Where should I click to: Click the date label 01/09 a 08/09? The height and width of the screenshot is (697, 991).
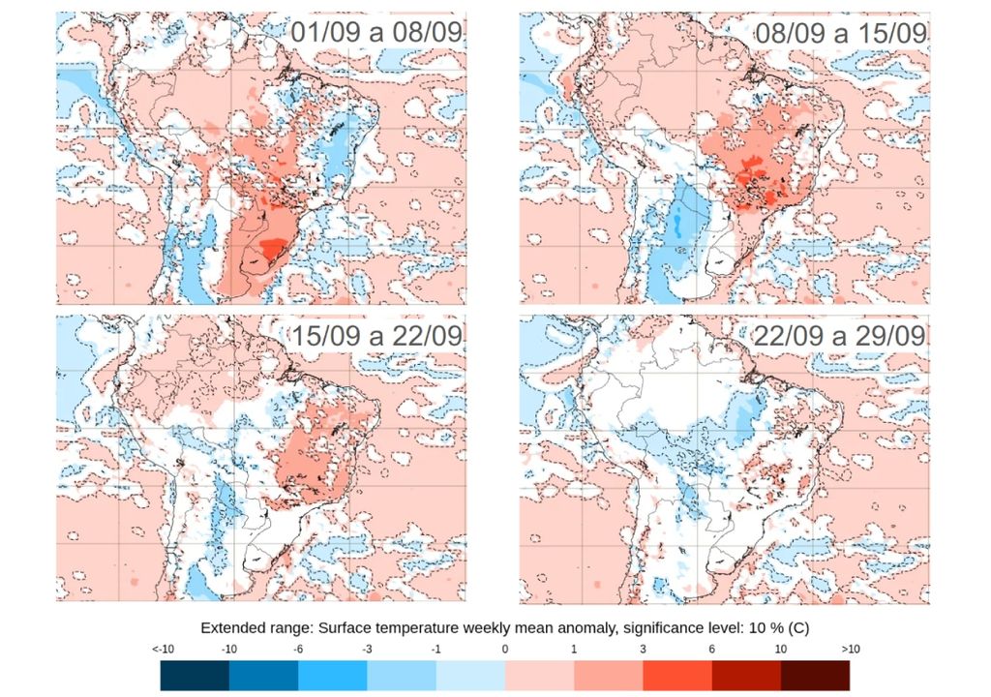pos(376,32)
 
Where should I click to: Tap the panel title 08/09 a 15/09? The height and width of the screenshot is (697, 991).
pos(840,32)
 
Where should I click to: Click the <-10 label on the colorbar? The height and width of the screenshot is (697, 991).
pos(163,649)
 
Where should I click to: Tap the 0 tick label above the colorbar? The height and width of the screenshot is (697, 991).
pos(505,649)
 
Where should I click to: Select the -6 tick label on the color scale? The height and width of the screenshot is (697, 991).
pos(298,649)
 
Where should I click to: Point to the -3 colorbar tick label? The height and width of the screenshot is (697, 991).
pos(367,649)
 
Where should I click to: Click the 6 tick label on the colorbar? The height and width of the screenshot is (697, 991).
pos(711,649)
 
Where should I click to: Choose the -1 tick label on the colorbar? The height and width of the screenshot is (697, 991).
pos(435,649)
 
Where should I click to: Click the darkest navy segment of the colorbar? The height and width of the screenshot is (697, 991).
pos(195,675)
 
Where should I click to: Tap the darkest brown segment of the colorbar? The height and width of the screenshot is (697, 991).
pos(815,675)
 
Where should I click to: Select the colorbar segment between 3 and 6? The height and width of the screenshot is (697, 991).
pos(677,675)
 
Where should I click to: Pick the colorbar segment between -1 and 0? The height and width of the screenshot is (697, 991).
pos(470,675)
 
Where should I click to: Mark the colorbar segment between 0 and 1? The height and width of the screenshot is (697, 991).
pos(539,675)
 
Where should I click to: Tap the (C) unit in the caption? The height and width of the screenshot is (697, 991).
pos(777,627)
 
